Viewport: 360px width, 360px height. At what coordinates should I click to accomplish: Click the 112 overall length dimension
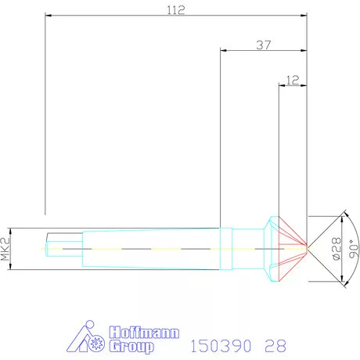[x=176, y=10]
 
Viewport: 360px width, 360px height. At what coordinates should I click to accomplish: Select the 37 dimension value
[x=264, y=45]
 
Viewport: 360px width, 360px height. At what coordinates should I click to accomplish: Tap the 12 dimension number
[x=293, y=80]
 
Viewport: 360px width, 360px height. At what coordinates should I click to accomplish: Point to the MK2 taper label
[x=5, y=249]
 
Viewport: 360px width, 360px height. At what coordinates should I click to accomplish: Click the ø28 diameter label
[x=337, y=249]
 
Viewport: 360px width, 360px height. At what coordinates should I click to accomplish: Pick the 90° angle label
[x=354, y=249]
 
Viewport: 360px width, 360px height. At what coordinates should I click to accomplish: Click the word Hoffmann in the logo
[x=144, y=333]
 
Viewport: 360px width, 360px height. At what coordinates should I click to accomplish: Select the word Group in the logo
[x=131, y=347]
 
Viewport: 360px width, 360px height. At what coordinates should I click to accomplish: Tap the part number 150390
[x=221, y=346]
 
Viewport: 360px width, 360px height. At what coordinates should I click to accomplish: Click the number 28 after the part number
[x=275, y=346]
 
